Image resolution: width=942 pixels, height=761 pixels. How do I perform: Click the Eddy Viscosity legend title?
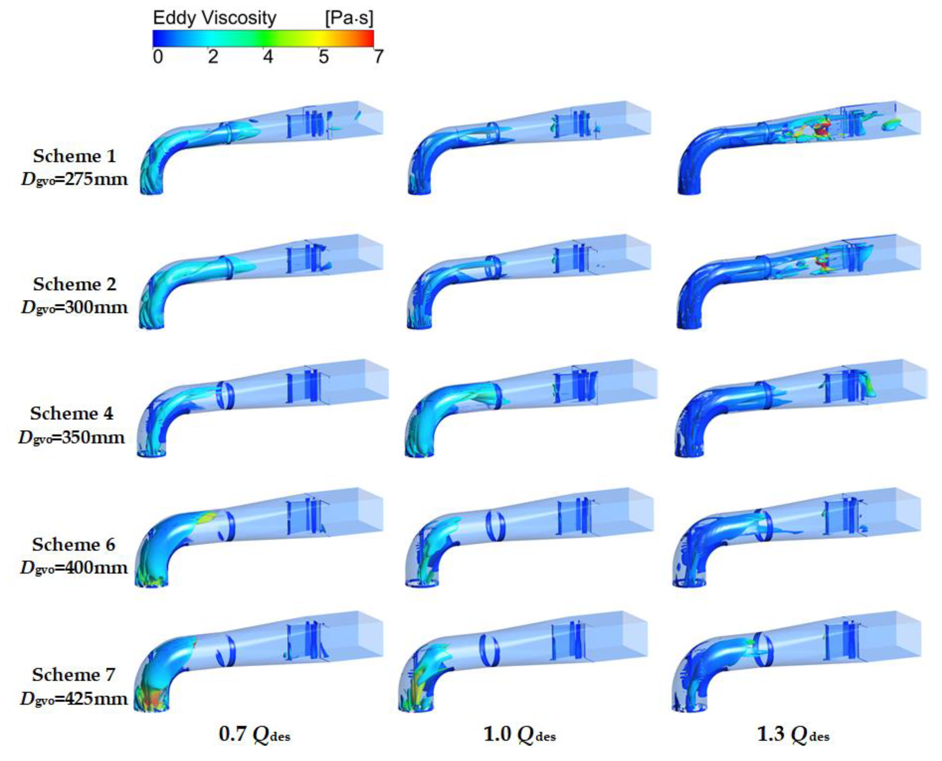pos(215,18)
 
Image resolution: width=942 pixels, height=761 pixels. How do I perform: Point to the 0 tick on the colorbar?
pos(158,57)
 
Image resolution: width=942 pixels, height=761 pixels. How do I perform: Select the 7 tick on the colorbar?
pos(378,57)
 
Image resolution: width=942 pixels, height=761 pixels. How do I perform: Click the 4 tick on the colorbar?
pos(268,57)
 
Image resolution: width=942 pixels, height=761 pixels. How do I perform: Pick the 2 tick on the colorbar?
pos(213,57)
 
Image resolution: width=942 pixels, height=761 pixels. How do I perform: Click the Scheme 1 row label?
pos(75,156)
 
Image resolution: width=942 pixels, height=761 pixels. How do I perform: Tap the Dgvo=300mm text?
pos(74,307)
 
